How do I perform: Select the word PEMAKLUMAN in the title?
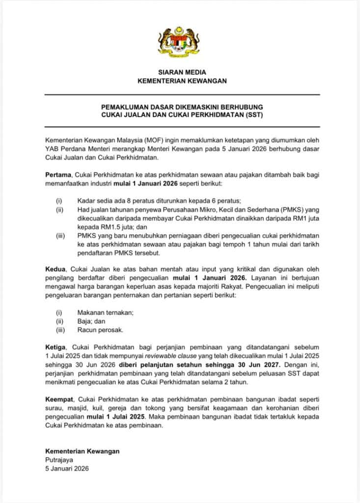pos(124,107)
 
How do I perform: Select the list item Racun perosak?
pos(100,330)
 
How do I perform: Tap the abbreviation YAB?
pos(52,150)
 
